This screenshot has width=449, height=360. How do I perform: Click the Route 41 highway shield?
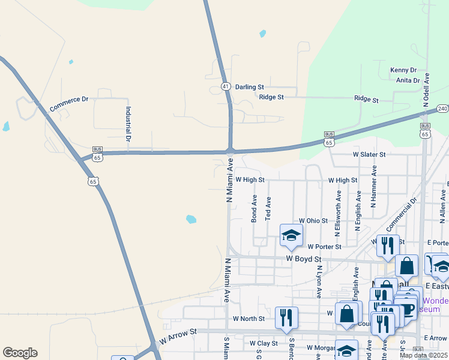click(225, 86)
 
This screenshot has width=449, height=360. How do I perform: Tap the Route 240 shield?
click(442, 109)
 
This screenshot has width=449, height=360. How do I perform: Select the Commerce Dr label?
click(68, 104)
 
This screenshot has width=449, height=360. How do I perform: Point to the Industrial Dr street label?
click(128, 124)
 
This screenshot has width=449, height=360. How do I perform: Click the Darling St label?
click(249, 87)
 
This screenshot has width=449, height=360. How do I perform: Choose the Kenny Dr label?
click(403, 70)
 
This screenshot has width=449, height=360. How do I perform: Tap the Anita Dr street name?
click(408, 80)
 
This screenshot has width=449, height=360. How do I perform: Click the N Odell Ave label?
click(427, 91)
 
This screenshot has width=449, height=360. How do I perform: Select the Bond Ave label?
click(255, 208)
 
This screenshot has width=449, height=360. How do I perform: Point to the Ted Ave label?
click(268, 209)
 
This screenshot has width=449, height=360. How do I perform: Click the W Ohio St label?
click(313, 221)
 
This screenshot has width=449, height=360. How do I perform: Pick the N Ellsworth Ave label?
click(339, 212)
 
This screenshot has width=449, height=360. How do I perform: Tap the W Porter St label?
click(324, 247)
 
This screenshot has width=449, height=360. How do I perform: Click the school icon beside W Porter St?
click(291, 236)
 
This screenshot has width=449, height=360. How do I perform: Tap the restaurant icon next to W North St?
click(286, 317)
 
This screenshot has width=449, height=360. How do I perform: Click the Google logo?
click(20, 353)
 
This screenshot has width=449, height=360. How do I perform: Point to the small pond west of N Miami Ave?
click(191, 219)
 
